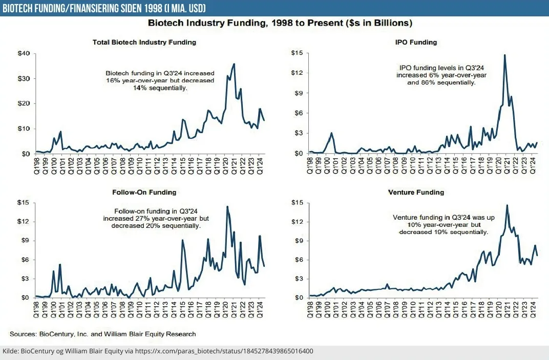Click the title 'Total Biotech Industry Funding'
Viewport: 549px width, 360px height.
tap(144, 42)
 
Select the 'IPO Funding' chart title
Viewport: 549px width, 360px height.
tap(419, 42)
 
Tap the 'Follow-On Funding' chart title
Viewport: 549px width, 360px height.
tap(144, 192)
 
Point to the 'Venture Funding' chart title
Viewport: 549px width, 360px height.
tap(419, 192)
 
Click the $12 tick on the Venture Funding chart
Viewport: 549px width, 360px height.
tap(298, 222)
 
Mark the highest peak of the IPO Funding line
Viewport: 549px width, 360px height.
tap(505, 55)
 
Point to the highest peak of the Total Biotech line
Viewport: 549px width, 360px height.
tap(234, 64)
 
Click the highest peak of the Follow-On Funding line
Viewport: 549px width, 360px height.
tap(227, 206)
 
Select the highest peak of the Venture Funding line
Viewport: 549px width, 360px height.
tap(507, 205)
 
